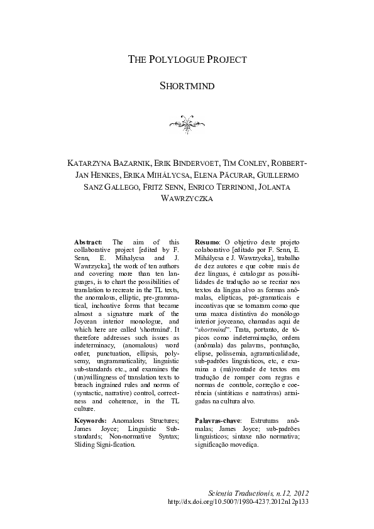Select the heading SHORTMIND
tap(187, 85)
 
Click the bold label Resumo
tap(207, 242)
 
